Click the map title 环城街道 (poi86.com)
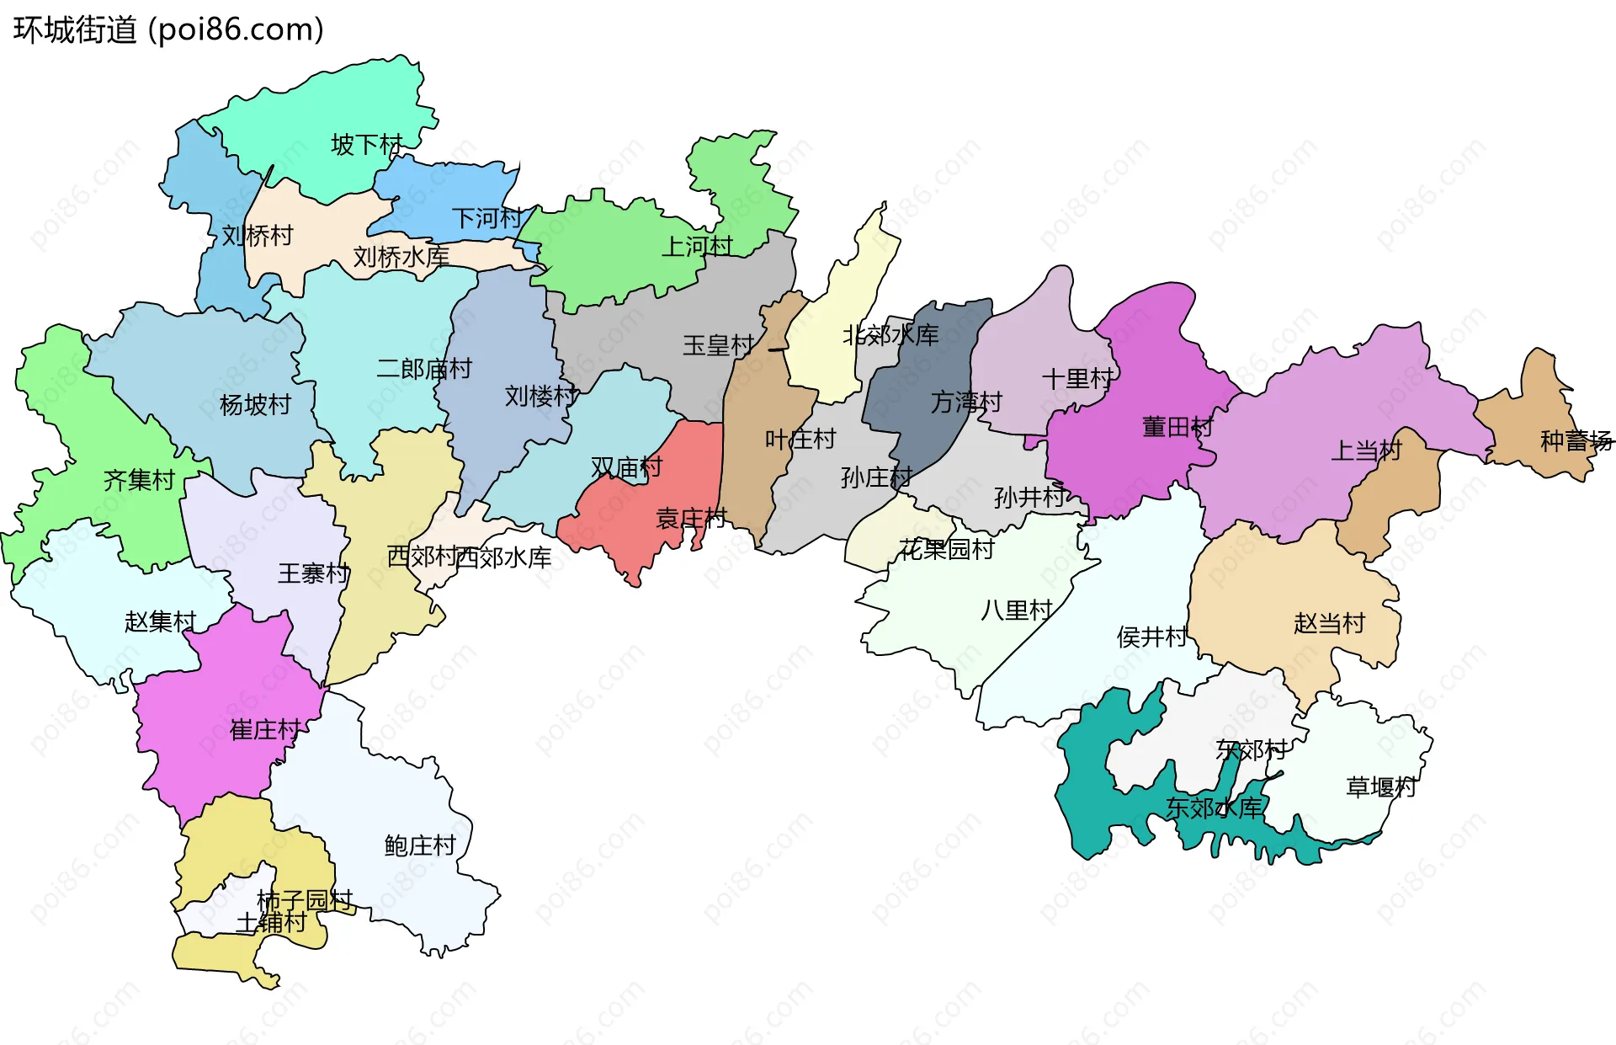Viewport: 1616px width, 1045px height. pyautogui.click(x=168, y=30)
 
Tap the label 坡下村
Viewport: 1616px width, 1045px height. pyautogui.click(x=366, y=145)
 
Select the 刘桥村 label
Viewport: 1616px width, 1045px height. pyautogui.click(x=257, y=236)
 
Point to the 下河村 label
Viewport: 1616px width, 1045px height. pyautogui.click(x=486, y=219)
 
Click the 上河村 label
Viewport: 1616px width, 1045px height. pyautogui.click(x=697, y=247)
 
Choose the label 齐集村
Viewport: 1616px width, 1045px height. pyautogui.click(x=139, y=481)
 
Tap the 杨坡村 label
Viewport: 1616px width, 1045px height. pyautogui.click(x=254, y=405)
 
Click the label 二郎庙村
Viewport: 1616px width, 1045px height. pyautogui.click(x=423, y=369)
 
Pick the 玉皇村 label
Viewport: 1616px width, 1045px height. pyautogui.click(x=718, y=345)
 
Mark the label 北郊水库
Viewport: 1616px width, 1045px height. pyautogui.click(x=890, y=335)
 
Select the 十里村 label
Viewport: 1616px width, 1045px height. pyautogui.click(x=1077, y=379)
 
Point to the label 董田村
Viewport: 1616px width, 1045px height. pyautogui.click(x=1177, y=427)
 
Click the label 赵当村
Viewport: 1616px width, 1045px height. pyautogui.click(x=1329, y=623)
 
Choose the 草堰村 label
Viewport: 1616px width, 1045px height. pyautogui.click(x=1381, y=787)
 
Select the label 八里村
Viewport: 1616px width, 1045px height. pyautogui.click(x=1017, y=610)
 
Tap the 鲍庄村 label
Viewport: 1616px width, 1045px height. pyautogui.click(x=420, y=845)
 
